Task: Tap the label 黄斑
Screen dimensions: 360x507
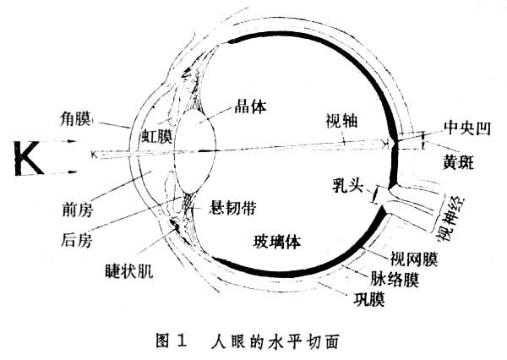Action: [x=458, y=161]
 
